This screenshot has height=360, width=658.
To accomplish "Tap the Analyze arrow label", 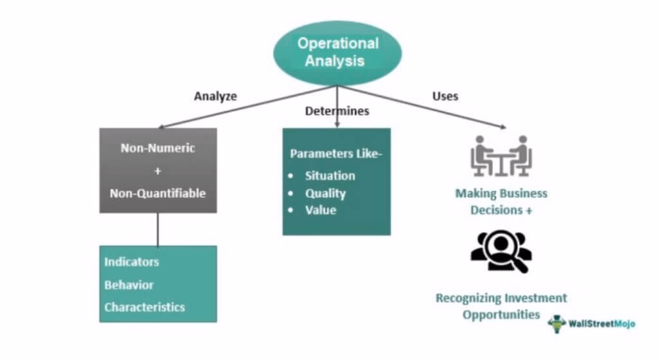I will pyautogui.click(x=215, y=96).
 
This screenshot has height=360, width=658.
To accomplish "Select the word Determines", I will pyautogui.click(x=337, y=111).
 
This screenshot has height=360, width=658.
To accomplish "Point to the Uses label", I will pyautogui.click(x=445, y=96).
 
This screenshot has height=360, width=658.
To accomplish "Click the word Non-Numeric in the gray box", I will pyautogui.click(x=157, y=148).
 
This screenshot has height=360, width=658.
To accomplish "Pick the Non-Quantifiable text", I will pyautogui.click(x=157, y=193).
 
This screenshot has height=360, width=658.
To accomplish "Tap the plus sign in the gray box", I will pyautogui.click(x=157, y=170).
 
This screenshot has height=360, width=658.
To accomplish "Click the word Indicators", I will pyautogui.click(x=132, y=262).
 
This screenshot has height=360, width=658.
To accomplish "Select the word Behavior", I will pyautogui.click(x=129, y=285).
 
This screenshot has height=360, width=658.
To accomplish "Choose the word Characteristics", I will pyautogui.click(x=145, y=307).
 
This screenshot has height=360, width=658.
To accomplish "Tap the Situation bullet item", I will pyautogui.click(x=330, y=175).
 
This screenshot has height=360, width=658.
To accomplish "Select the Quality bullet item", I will pyautogui.click(x=325, y=193).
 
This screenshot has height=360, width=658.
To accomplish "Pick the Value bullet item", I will pyautogui.click(x=321, y=210).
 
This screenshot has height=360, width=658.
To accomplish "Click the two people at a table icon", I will pyautogui.click(x=500, y=156).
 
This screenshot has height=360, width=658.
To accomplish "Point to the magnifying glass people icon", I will pyautogui.click(x=501, y=252).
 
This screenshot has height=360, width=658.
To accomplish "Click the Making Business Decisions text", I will pyautogui.click(x=501, y=201).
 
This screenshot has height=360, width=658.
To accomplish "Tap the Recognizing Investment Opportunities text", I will pyautogui.click(x=501, y=307).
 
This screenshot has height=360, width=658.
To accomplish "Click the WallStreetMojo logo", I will pyautogui.click(x=591, y=323).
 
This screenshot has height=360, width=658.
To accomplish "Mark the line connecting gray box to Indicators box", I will pyautogui.click(x=157, y=229).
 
